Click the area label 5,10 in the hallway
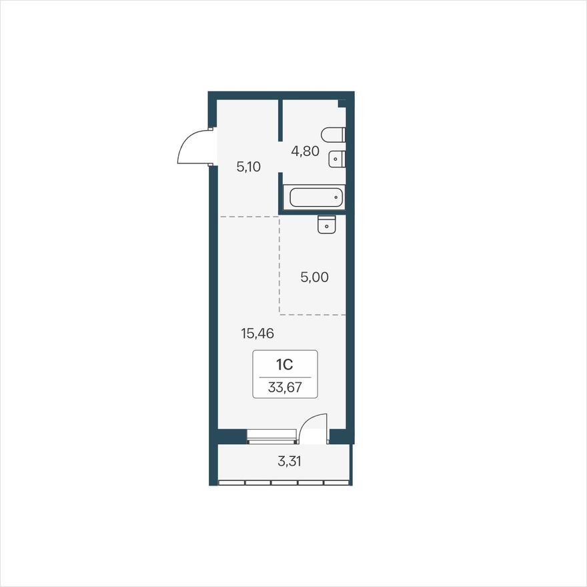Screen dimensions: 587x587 pyautogui.click(x=249, y=167)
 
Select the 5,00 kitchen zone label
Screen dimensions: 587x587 pyautogui.click(x=314, y=277)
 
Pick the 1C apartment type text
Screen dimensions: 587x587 pyautogui.click(x=285, y=364)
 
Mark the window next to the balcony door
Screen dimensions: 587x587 pyautogui.click(x=271, y=437)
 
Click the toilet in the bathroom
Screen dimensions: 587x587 pyautogui.click(x=332, y=135)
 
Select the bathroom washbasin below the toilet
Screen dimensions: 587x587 pyautogui.click(x=338, y=159)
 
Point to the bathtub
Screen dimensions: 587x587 pyautogui.click(x=314, y=197)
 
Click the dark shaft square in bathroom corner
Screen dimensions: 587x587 pyautogui.click(x=342, y=103)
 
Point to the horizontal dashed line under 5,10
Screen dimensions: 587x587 pyautogui.click(x=249, y=217)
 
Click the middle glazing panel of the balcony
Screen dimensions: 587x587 pyautogui.click(x=284, y=482)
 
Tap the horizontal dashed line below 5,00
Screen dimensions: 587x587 pyautogui.click(x=312, y=314)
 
